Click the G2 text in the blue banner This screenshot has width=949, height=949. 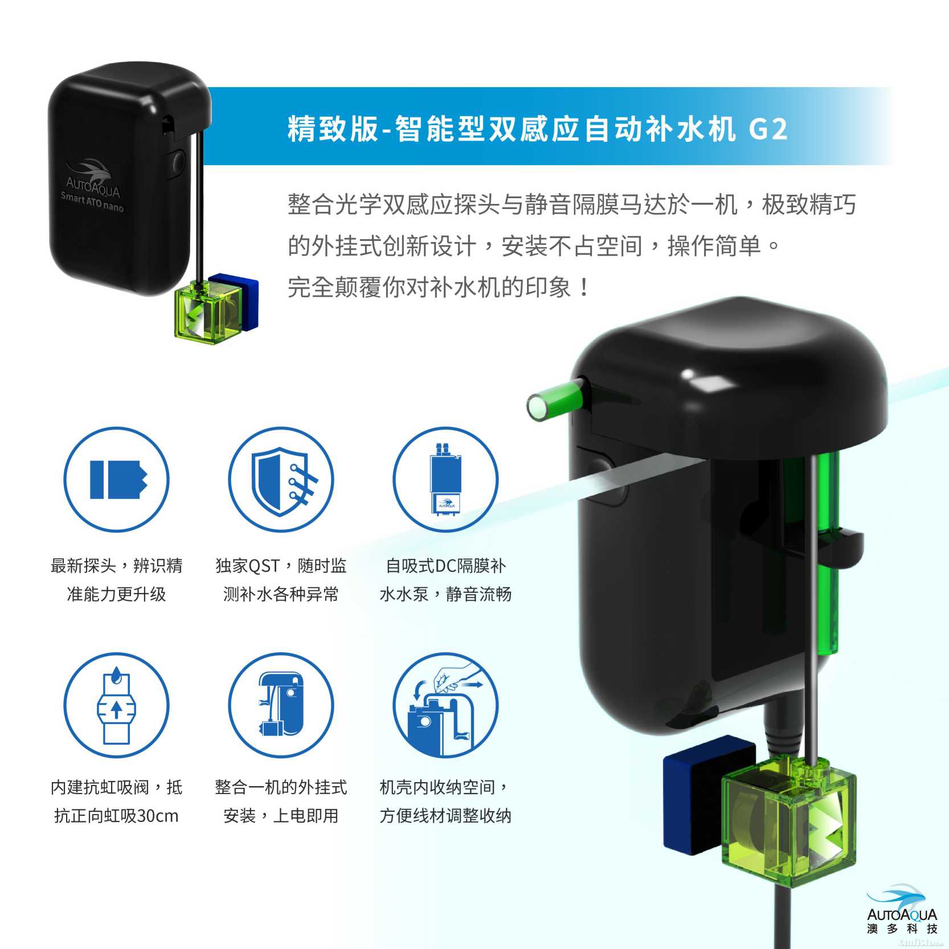(x=767, y=129)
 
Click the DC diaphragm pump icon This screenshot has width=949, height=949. (x=446, y=479)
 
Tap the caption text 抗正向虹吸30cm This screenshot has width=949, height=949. (x=116, y=816)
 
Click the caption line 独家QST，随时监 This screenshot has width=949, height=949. (x=281, y=566)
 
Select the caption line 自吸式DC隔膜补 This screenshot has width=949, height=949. (x=445, y=566)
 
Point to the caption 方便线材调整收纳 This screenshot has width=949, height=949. (x=445, y=816)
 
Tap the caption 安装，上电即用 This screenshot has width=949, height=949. (x=281, y=816)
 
